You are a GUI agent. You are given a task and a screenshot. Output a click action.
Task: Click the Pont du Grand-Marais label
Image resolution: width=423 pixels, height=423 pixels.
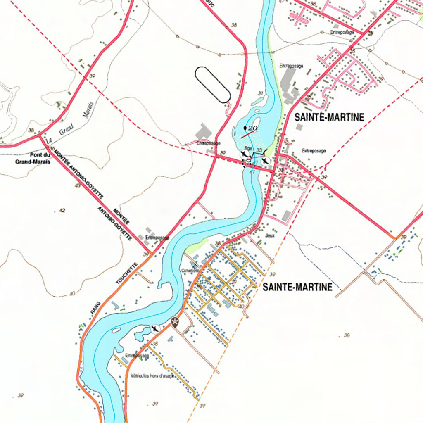[x=33, y=159]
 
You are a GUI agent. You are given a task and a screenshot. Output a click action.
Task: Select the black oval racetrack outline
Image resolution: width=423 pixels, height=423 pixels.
[x=212, y=84]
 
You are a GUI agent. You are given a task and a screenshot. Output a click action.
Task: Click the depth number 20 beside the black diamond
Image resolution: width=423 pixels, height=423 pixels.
[x=253, y=128]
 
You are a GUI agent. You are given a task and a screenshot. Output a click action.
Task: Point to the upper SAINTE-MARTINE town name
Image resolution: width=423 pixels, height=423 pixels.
[x=329, y=118]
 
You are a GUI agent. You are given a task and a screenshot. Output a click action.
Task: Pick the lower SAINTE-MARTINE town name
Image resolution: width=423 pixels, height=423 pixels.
[x=297, y=287]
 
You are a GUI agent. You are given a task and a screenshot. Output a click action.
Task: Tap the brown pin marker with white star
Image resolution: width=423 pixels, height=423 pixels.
[x=175, y=322]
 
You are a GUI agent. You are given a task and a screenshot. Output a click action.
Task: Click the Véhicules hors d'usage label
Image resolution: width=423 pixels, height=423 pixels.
[x=152, y=376]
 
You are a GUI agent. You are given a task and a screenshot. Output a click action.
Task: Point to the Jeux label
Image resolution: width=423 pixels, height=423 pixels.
[x=271, y=235]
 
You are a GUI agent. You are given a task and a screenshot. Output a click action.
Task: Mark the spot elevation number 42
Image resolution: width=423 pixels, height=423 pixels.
[x=62, y=211]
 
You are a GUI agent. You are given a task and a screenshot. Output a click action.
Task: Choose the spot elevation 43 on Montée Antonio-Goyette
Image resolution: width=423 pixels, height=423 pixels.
[x=77, y=186]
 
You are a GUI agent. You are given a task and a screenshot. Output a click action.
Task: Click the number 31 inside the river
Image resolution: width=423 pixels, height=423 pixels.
[x=260, y=93]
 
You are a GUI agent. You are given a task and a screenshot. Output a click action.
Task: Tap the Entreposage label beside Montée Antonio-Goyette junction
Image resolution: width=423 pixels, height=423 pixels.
[x=157, y=238]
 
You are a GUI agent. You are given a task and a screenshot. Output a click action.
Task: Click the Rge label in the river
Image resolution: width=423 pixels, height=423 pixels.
[x=248, y=148]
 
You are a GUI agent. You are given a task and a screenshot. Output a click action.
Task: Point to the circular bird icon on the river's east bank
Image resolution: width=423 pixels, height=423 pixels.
[x=266, y=159]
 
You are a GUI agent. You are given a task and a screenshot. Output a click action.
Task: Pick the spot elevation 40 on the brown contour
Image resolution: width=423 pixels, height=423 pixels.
[x=72, y=294]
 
